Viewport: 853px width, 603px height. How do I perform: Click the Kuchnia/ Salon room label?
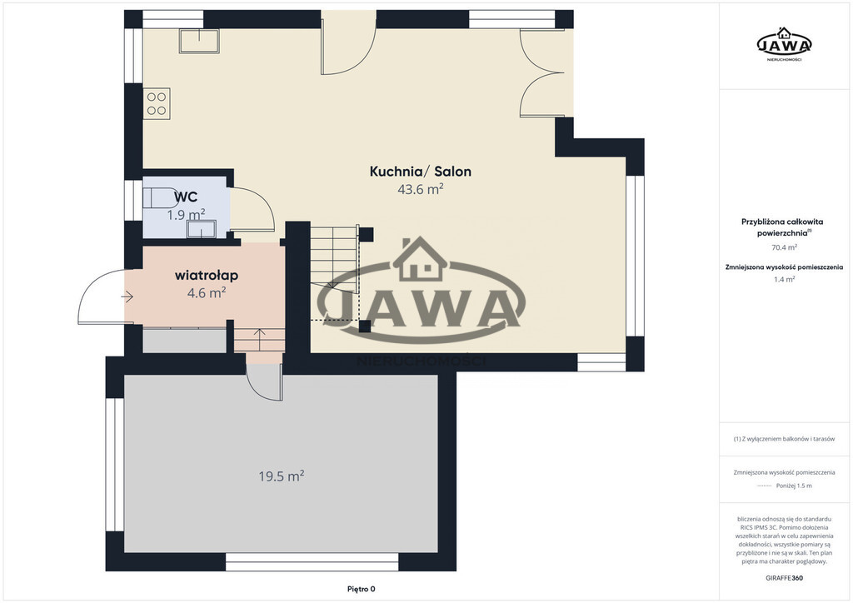click(x=420, y=172)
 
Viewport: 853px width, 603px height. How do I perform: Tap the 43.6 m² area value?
click(x=420, y=189)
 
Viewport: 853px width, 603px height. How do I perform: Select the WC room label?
click(x=186, y=197)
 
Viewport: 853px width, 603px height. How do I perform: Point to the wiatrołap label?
click(x=207, y=275)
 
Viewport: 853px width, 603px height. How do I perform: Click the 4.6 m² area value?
click(x=207, y=293)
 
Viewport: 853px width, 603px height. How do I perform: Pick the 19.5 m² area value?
click(x=281, y=476)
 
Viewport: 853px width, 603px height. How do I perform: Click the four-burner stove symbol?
click(x=157, y=103)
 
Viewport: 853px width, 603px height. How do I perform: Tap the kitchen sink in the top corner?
click(x=199, y=41)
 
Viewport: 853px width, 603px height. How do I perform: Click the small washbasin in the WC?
click(x=202, y=229)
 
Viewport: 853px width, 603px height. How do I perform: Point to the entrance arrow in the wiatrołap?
click(x=127, y=297)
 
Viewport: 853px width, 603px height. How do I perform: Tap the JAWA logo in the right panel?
click(x=784, y=44)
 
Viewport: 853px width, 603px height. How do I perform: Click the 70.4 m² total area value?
click(x=784, y=247)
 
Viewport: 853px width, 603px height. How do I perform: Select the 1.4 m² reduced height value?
click(x=784, y=279)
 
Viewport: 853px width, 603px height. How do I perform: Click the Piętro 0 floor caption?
click(x=362, y=589)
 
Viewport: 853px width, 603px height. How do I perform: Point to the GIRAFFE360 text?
click(x=784, y=577)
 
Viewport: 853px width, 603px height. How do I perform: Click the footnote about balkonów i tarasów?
click(x=784, y=439)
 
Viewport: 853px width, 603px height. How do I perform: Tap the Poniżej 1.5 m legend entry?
click(x=794, y=486)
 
